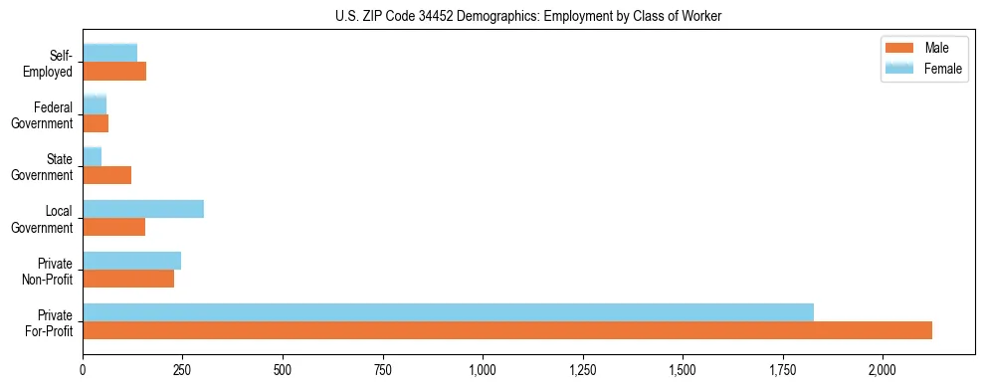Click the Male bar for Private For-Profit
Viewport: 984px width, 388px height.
coord(507,330)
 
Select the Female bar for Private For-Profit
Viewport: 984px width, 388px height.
coord(448,312)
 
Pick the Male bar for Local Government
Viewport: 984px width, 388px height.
coord(114,227)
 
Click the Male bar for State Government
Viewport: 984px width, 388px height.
coord(107,175)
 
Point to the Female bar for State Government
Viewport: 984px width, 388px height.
coord(93,157)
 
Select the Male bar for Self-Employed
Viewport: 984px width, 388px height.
coord(114,72)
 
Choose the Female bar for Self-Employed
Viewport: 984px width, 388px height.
coord(110,54)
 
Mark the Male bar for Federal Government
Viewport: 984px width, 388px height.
coord(96,123)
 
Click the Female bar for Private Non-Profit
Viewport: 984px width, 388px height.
coord(132,261)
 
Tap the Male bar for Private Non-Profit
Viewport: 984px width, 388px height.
coord(128,279)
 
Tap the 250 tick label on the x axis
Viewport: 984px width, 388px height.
coord(183,370)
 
